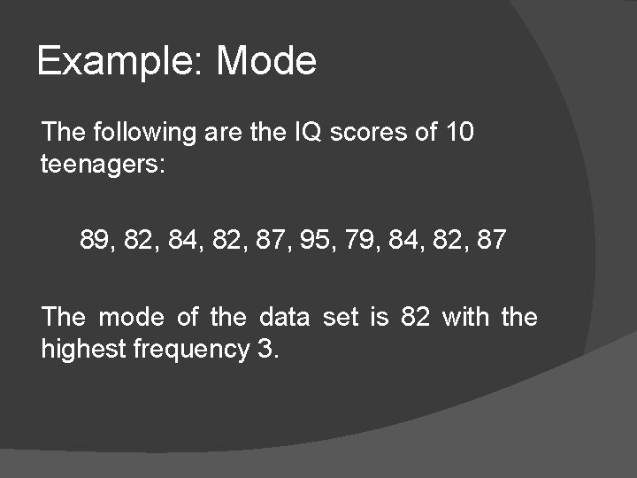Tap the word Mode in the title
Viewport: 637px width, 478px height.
tap(266, 62)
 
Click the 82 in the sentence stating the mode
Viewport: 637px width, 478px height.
tap(416, 317)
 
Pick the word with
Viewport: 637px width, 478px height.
tap(466, 317)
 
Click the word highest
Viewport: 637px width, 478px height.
tap(84, 350)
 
